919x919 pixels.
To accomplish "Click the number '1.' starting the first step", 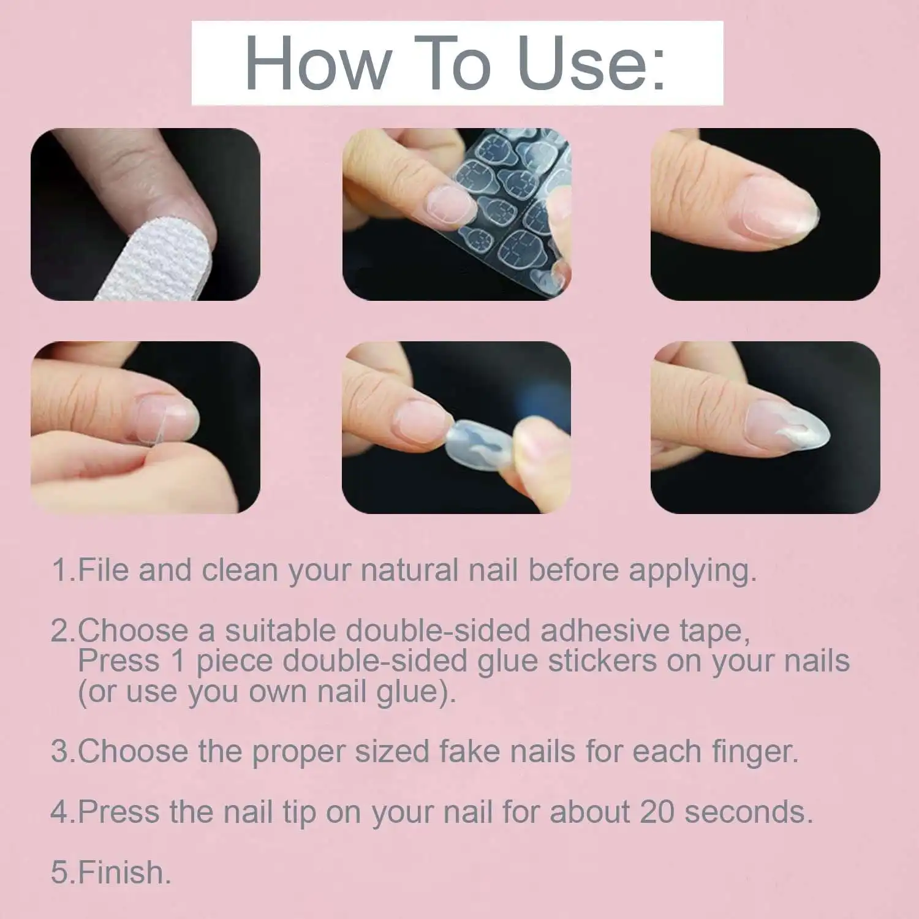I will pyautogui.click(x=63, y=570).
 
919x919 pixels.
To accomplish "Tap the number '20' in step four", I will pyautogui.click(x=657, y=812).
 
